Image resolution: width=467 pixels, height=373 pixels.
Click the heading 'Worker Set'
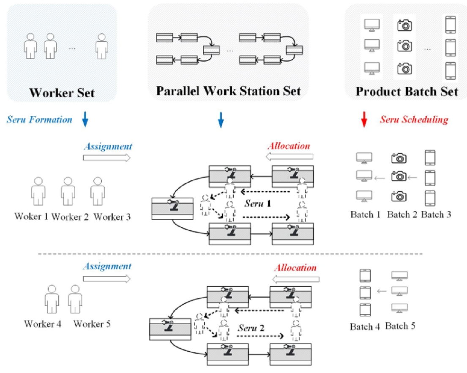(x=62, y=92)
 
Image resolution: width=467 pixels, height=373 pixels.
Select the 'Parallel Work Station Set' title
(x=228, y=91)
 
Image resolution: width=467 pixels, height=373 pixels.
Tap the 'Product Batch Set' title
(x=407, y=92)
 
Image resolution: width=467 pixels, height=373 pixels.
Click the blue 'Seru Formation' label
(x=39, y=120)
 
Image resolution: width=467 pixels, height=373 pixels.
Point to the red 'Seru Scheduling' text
(x=414, y=120)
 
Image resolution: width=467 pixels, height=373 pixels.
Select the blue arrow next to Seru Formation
(x=85, y=120)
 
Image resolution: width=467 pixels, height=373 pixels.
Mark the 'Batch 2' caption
(x=402, y=214)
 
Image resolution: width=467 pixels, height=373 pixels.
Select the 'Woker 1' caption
(x=31, y=217)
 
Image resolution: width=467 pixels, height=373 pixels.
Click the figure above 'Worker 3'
(x=98, y=191)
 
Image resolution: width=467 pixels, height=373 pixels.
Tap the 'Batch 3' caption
(x=436, y=214)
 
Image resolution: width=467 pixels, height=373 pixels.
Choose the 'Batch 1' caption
(x=365, y=214)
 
